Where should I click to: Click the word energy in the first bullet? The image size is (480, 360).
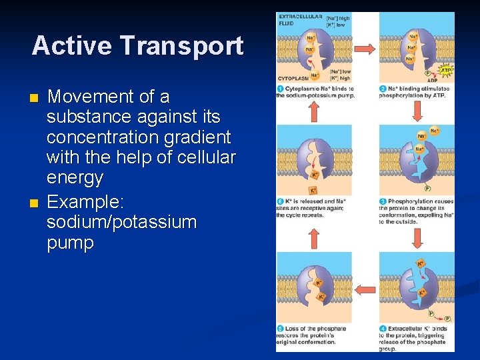point(75,178)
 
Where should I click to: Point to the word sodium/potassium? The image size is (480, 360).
point(121,222)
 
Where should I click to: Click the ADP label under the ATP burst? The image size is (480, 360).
point(441,80)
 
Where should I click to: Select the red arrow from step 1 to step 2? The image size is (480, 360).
point(364,49)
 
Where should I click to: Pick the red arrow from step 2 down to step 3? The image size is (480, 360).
point(417,111)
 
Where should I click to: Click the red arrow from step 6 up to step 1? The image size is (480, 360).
point(314,111)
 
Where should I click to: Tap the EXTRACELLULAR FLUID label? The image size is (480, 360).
point(299,20)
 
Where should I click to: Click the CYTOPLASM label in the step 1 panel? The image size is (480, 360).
point(291,78)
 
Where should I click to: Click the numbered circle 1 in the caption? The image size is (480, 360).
point(281,89)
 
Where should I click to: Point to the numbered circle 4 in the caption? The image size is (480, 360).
point(383,328)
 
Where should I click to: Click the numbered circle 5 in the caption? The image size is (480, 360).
point(281,328)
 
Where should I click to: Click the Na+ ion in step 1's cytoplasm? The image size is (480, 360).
point(314,75)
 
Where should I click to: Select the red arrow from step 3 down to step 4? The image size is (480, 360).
point(417,237)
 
